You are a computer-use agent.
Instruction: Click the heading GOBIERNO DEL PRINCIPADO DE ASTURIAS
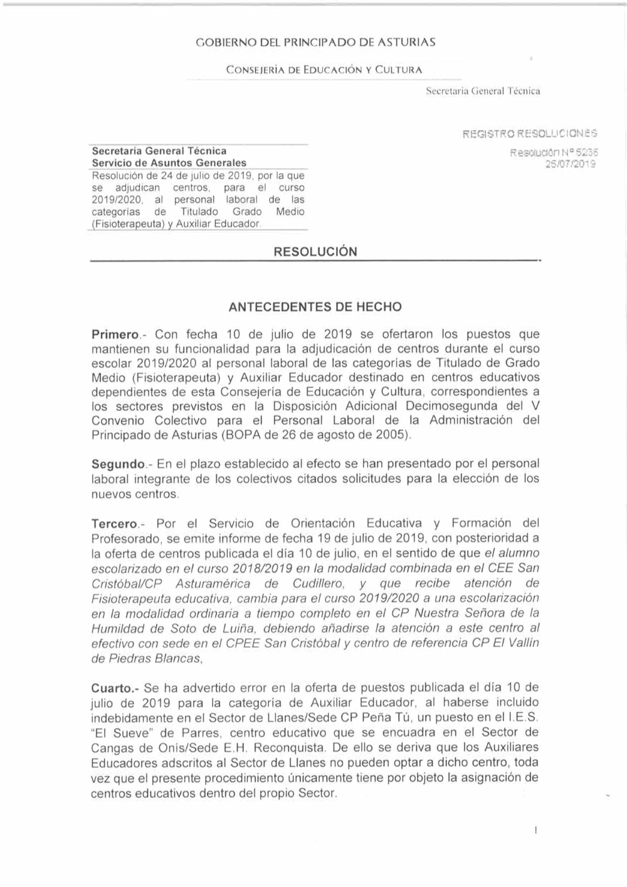tap(315, 43)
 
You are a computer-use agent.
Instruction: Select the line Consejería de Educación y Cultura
tap(324, 70)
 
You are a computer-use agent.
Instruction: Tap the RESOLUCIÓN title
tap(315, 252)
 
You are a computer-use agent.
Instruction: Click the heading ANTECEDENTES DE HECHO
tap(315, 307)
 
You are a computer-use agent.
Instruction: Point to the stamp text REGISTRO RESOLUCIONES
tap(529, 133)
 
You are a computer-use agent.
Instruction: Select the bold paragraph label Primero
tap(116, 334)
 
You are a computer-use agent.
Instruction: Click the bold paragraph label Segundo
tap(118, 464)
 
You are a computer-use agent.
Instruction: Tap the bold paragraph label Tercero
tap(115, 523)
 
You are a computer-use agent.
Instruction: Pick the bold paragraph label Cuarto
tap(112, 688)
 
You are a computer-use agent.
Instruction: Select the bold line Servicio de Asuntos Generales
tap(169, 163)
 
